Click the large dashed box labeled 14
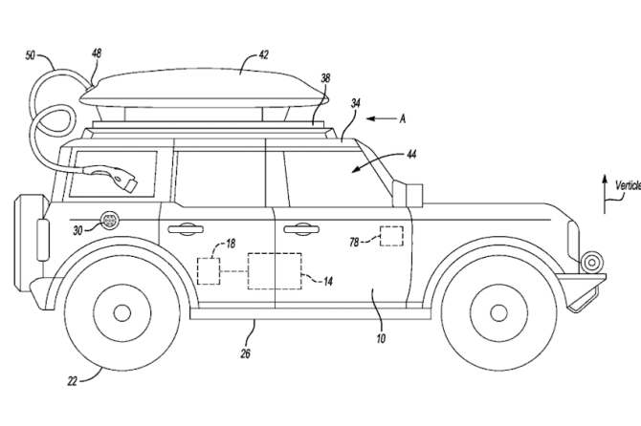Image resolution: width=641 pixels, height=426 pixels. pyautogui.click(x=274, y=270)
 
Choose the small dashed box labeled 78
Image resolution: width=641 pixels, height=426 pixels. pyautogui.click(x=389, y=236)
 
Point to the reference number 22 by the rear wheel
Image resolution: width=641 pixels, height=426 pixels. pyautogui.click(x=73, y=379)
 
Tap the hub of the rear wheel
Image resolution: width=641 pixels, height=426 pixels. pyautogui.click(x=122, y=311)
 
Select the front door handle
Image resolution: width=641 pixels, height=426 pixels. pyautogui.click(x=298, y=228)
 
